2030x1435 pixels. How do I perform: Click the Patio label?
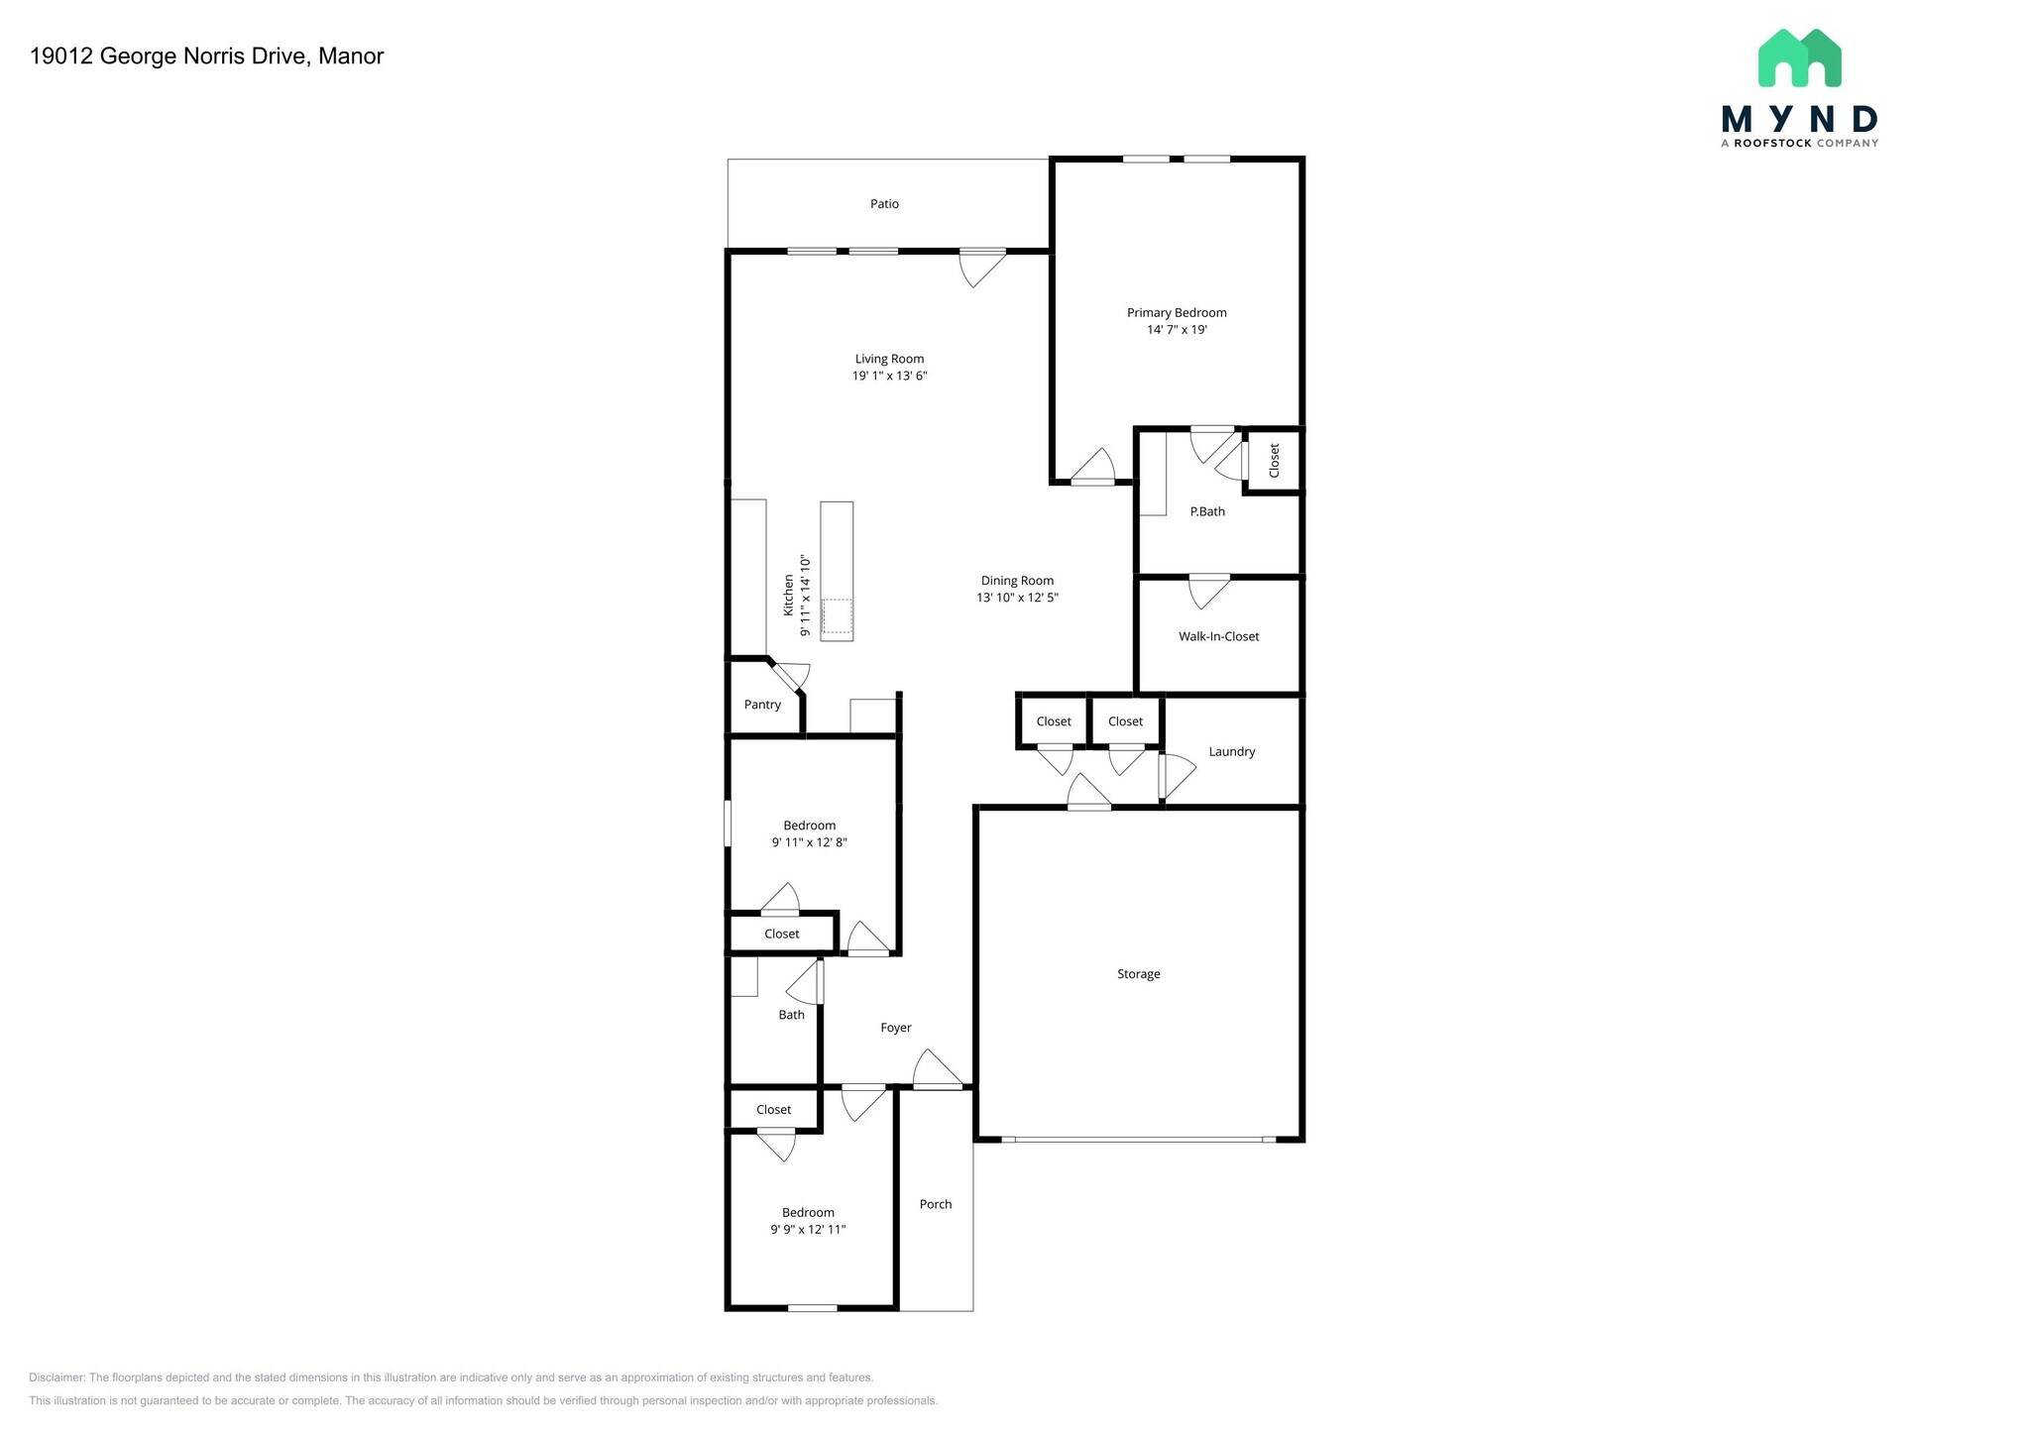(x=884, y=204)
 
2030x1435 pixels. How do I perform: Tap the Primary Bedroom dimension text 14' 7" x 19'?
(x=1177, y=330)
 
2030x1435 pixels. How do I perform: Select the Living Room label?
(x=889, y=359)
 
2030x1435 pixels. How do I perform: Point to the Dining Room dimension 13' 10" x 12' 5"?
(x=1017, y=598)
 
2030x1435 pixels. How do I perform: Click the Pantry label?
(x=762, y=705)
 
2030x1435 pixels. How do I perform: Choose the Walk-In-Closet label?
(x=1218, y=636)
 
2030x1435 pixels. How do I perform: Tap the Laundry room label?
(x=1231, y=752)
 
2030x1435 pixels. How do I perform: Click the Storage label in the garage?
(x=1138, y=974)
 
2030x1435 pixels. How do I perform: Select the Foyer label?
(x=895, y=1028)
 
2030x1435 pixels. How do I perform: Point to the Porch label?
(x=935, y=1204)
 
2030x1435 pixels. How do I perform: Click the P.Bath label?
(x=1207, y=511)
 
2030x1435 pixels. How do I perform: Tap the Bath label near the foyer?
(x=791, y=1015)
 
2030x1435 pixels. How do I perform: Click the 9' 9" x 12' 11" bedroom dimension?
(x=808, y=1230)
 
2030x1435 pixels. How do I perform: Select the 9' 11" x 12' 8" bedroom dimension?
(x=809, y=842)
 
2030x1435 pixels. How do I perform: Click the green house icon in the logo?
(x=1799, y=57)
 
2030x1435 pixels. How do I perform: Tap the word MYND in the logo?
(x=1799, y=120)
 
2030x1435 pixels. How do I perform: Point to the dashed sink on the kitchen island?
(x=837, y=615)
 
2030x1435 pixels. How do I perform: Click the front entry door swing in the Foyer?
(x=938, y=1070)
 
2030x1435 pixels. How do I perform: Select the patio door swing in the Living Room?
(x=981, y=268)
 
